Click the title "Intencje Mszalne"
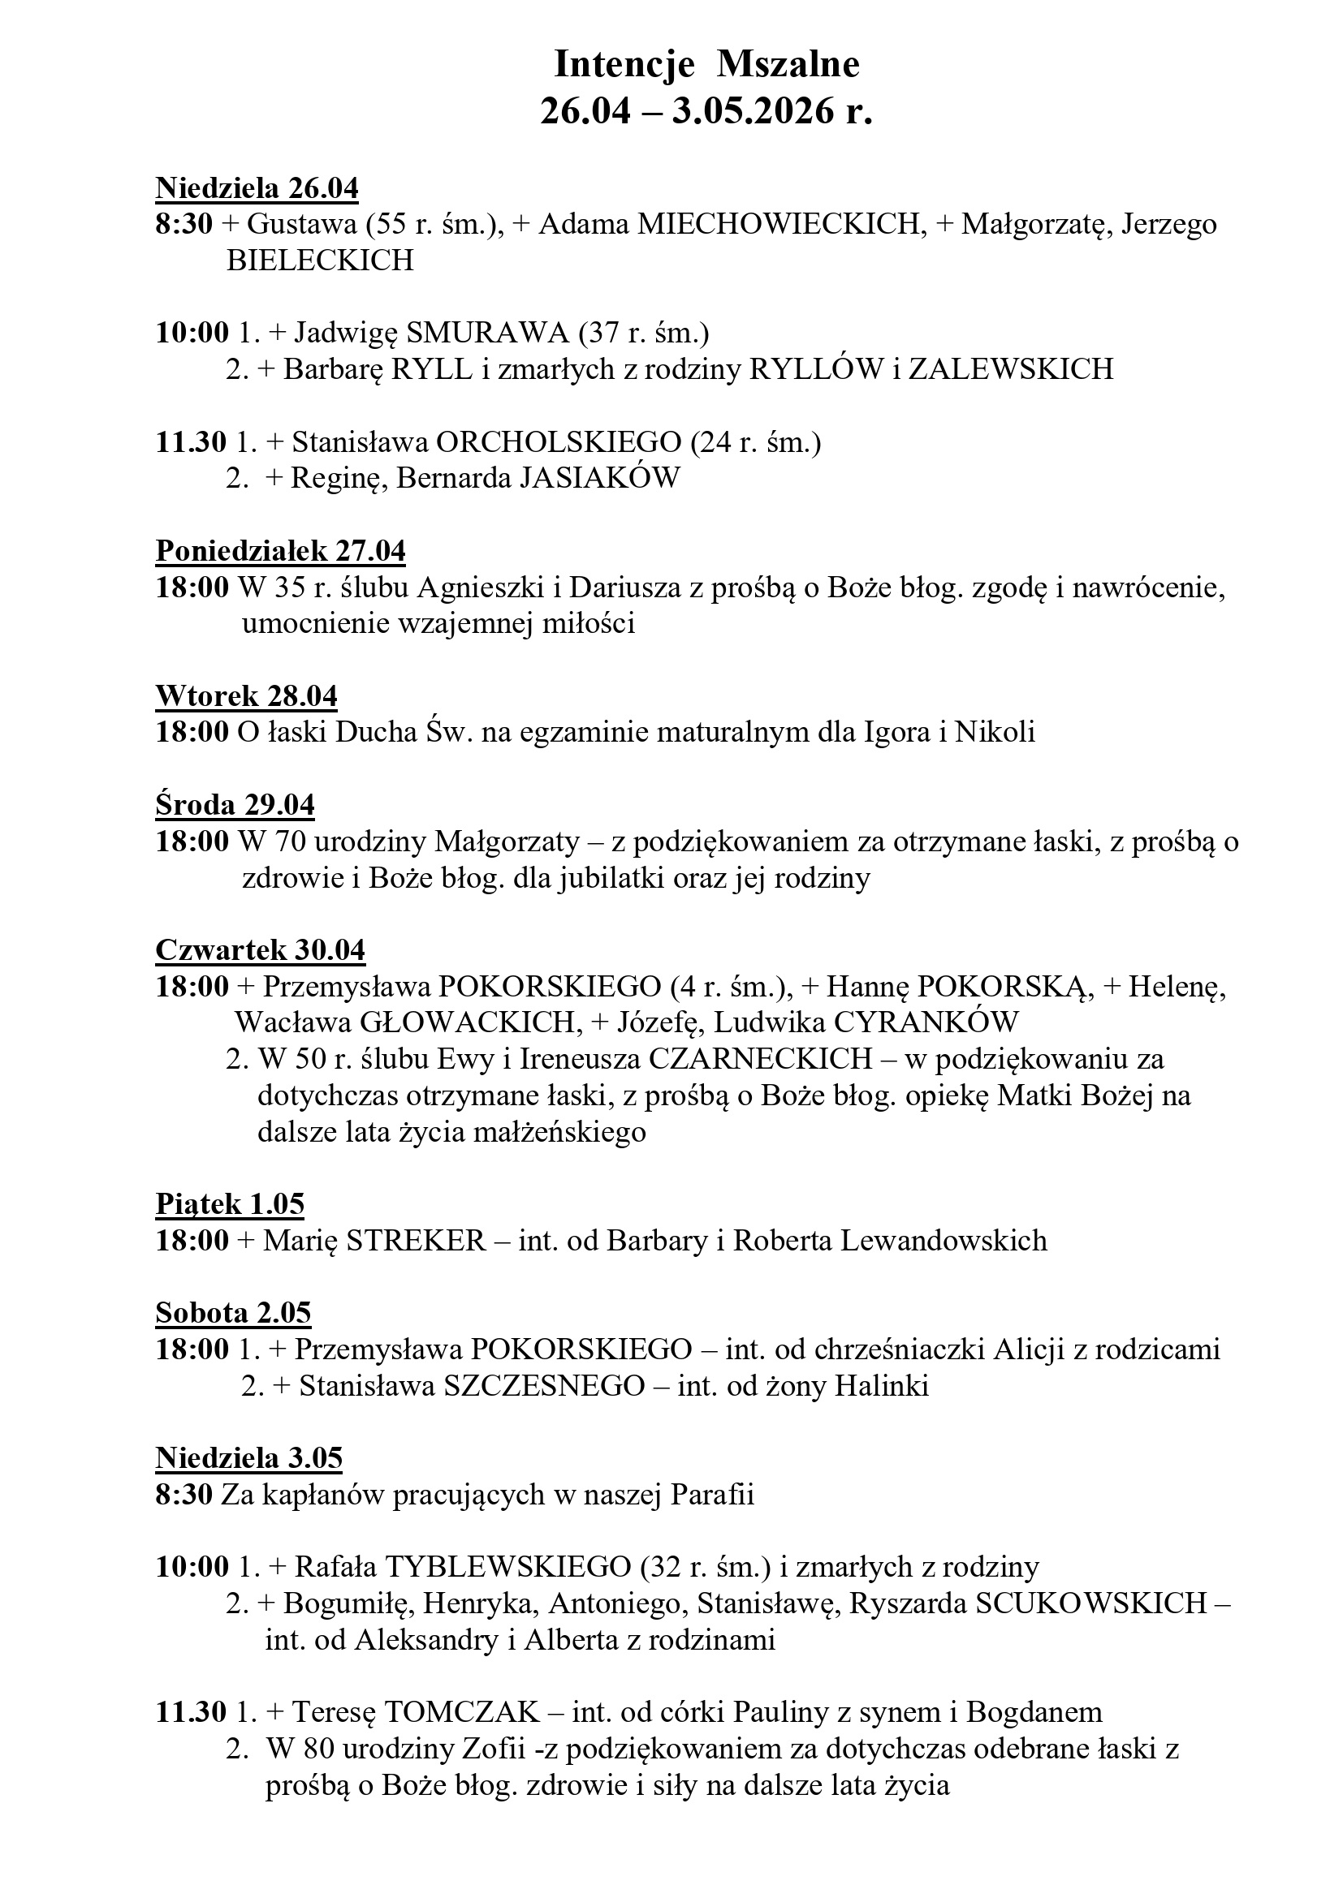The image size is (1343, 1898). click(x=706, y=64)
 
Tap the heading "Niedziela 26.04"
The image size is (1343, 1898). click(x=257, y=188)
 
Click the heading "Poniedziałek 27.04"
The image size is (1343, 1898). click(x=280, y=551)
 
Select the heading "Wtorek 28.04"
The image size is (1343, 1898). click(x=247, y=696)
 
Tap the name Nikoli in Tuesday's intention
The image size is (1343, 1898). click(x=995, y=733)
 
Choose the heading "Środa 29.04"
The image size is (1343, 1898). click(x=235, y=805)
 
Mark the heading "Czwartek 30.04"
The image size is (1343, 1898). click(x=260, y=950)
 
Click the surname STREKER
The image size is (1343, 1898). click(x=415, y=1241)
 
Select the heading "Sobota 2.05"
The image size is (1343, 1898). click(x=233, y=1313)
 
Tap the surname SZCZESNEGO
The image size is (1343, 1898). click(x=543, y=1385)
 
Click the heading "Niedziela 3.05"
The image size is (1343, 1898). click(x=248, y=1457)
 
